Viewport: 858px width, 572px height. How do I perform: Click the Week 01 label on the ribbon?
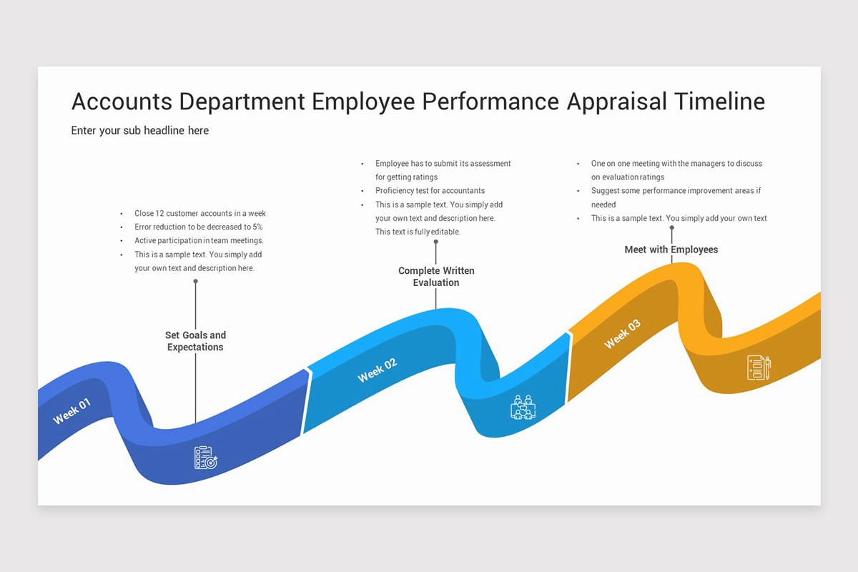click(72, 411)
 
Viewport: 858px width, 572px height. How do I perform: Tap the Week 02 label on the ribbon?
click(377, 370)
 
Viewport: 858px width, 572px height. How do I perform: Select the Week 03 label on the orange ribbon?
click(622, 334)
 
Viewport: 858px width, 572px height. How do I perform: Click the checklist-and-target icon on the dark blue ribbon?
click(205, 458)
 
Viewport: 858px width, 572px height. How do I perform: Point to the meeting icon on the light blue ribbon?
click(523, 407)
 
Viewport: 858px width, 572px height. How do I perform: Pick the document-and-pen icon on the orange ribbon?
click(759, 368)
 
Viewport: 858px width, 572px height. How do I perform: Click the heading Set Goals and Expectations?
click(195, 341)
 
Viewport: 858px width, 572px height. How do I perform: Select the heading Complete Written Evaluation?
click(436, 277)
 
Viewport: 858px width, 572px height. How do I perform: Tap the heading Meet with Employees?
click(671, 250)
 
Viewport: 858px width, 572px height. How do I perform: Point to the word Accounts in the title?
click(122, 102)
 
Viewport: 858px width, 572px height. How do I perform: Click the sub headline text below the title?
click(140, 130)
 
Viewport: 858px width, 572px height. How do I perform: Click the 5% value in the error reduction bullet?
click(258, 227)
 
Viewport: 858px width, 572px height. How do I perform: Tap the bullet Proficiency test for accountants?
click(430, 191)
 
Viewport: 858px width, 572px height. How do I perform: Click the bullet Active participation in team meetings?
click(199, 240)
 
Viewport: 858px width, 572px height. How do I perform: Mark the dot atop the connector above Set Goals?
click(195, 282)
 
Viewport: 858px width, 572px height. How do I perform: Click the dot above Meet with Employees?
click(671, 228)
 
